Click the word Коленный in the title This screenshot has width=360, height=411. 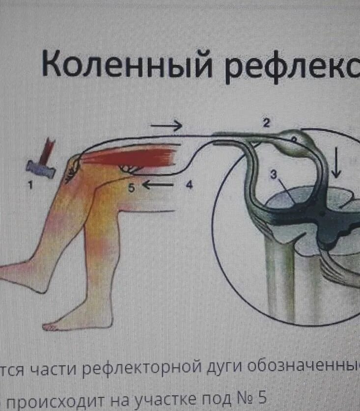point(126,64)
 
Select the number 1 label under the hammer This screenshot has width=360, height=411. point(30,185)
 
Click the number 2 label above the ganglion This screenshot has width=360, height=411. point(266,124)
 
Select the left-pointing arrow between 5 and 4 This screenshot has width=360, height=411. point(158,186)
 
